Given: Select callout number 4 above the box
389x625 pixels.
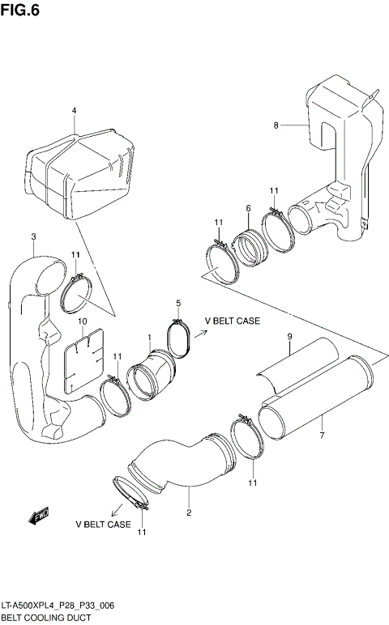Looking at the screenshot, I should coord(74,110).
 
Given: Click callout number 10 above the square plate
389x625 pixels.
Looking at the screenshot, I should coord(82,321).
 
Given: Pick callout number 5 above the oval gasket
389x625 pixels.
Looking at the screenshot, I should coord(177,303).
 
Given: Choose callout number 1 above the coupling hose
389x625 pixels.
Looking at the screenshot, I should coord(149,337).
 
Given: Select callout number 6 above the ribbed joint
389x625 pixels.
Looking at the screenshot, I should coord(247,209).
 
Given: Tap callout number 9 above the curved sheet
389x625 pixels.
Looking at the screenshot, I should coord(289,337).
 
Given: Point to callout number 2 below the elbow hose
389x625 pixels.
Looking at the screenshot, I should coord(189,512).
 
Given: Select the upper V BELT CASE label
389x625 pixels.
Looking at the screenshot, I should coord(232,321).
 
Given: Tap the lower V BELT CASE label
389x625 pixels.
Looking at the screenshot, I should coord(103,525).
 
